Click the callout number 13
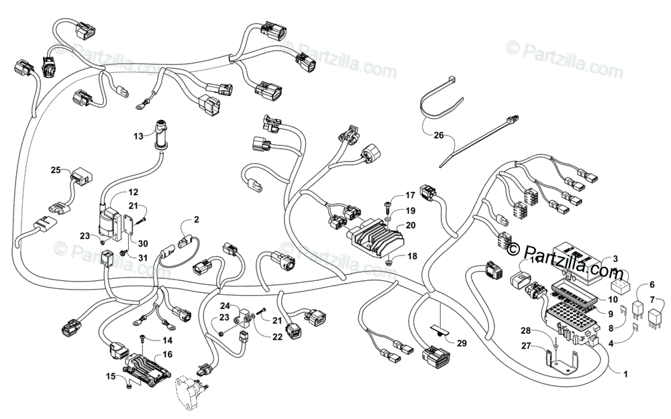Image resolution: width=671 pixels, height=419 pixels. click(138, 136)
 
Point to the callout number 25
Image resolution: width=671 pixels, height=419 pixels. click(55, 170)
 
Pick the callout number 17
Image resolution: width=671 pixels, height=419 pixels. click(410, 196)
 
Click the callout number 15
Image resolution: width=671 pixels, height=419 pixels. click(111, 377)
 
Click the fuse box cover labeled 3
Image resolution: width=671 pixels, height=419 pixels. click(584, 263)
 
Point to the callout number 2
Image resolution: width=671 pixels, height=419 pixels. click(196, 219)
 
